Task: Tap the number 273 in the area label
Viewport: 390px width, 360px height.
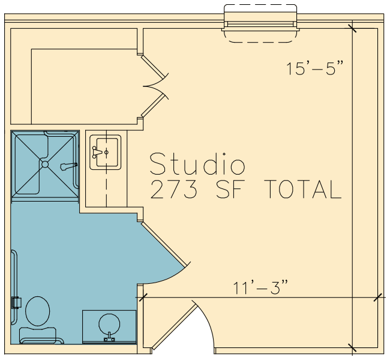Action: click(x=174, y=189)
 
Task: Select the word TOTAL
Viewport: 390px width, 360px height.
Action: click(x=302, y=189)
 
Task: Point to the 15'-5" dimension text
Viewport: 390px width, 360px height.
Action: click(x=315, y=68)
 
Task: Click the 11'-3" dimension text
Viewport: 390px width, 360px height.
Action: click(x=260, y=287)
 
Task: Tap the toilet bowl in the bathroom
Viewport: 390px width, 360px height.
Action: click(x=38, y=311)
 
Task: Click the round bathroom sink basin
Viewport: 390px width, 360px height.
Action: click(x=109, y=324)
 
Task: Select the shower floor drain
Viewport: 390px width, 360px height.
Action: click(x=45, y=164)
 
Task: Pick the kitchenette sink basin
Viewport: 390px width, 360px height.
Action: click(x=107, y=152)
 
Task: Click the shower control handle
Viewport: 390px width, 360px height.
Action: click(x=69, y=166)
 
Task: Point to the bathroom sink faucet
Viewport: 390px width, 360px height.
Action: click(x=109, y=338)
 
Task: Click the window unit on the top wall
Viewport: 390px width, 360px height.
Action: click(x=260, y=23)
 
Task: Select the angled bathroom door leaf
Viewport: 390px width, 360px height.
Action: click(x=164, y=244)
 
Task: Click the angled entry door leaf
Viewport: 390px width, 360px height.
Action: click(x=175, y=326)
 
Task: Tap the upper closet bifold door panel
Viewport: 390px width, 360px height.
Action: click(x=153, y=67)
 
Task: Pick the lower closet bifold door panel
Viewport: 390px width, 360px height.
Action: click(x=153, y=106)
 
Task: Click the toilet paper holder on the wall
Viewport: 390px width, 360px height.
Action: click(x=16, y=303)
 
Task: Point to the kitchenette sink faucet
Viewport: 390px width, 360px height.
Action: click(x=97, y=152)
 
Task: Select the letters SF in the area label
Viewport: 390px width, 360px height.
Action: click(x=229, y=189)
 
